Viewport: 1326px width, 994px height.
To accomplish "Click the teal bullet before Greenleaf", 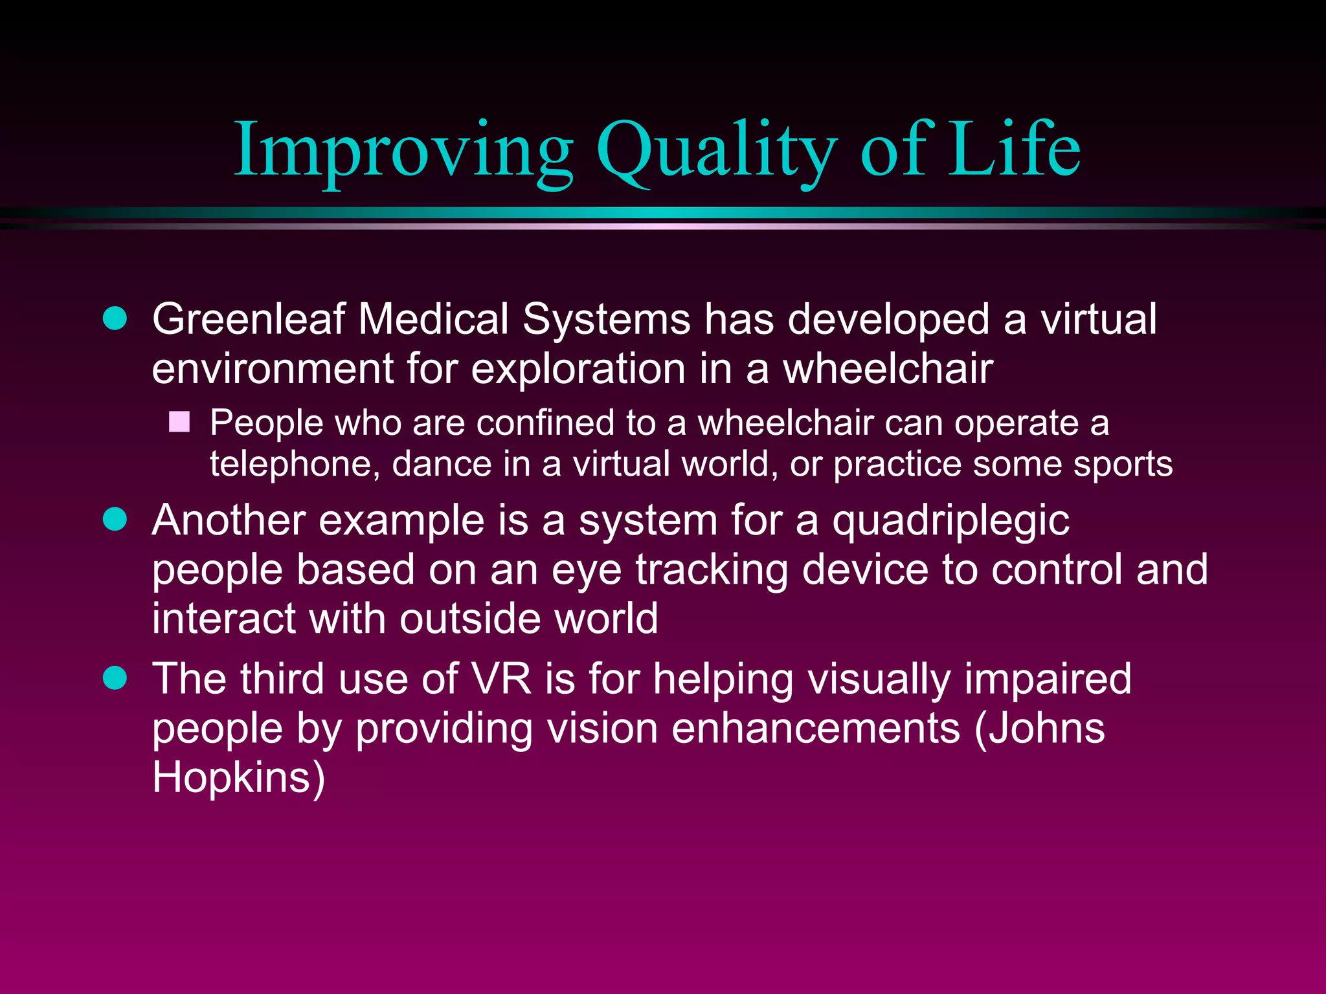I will (x=115, y=318).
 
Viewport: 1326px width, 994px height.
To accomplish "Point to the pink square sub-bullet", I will (x=179, y=422).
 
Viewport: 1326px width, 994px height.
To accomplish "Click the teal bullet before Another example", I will (x=115, y=519).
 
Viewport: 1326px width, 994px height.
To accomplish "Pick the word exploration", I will (x=578, y=369).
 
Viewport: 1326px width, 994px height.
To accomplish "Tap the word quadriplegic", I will (x=950, y=522).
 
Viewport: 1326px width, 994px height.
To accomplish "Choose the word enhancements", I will (x=815, y=729).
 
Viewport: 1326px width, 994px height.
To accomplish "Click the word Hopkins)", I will (x=238, y=777).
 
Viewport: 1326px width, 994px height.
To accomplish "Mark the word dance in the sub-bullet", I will (x=442, y=465).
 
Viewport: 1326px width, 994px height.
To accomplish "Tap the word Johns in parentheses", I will (x=1040, y=729).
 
